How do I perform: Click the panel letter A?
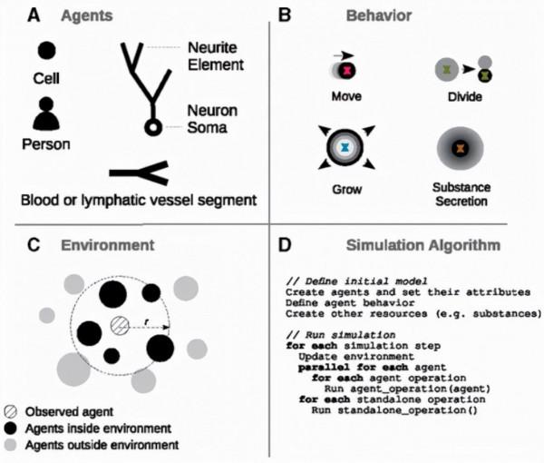pos(34,15)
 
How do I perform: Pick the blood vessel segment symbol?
pos(140,170)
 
